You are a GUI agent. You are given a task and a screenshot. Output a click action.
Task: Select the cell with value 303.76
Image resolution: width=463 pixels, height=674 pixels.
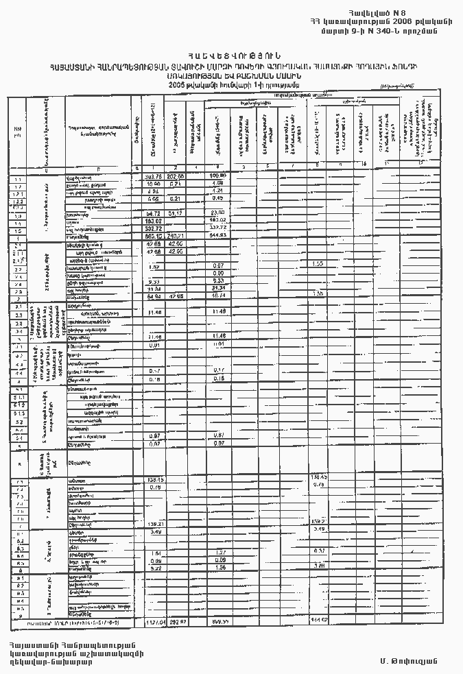point(154,177)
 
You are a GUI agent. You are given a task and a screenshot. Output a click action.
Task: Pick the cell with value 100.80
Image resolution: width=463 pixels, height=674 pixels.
point(218,177)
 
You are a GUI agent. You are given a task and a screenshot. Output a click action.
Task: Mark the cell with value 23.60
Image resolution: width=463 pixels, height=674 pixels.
point(218,214)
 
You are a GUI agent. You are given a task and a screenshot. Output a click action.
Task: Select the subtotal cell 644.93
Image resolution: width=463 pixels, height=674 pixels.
point(219,237)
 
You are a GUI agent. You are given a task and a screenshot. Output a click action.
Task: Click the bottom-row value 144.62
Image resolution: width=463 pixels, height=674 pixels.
point(320,621)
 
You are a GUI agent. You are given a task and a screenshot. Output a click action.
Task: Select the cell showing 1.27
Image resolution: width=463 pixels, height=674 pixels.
point(219,552)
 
